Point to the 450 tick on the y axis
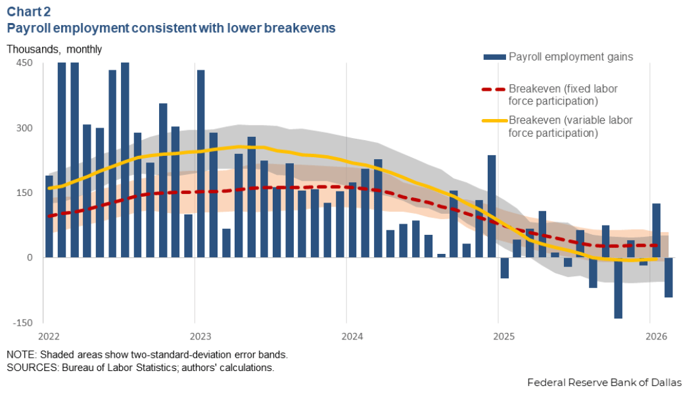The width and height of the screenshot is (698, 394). click(24, 63)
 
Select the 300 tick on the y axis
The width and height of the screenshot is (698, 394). click(24, 128)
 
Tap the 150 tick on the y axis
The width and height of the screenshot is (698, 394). click(24, 193)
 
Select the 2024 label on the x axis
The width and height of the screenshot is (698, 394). click(346, 337)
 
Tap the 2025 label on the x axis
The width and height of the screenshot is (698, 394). click(498, 337)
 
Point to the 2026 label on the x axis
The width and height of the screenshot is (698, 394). click(649, 337)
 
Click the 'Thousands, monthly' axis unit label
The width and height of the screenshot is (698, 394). click(55, 49)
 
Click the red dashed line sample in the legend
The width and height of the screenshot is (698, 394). click(494, 89)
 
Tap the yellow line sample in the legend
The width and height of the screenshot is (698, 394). click(494, 121)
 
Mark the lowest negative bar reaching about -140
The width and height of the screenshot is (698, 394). click(618, 287)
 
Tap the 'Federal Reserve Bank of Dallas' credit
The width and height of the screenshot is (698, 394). click(604, 382)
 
